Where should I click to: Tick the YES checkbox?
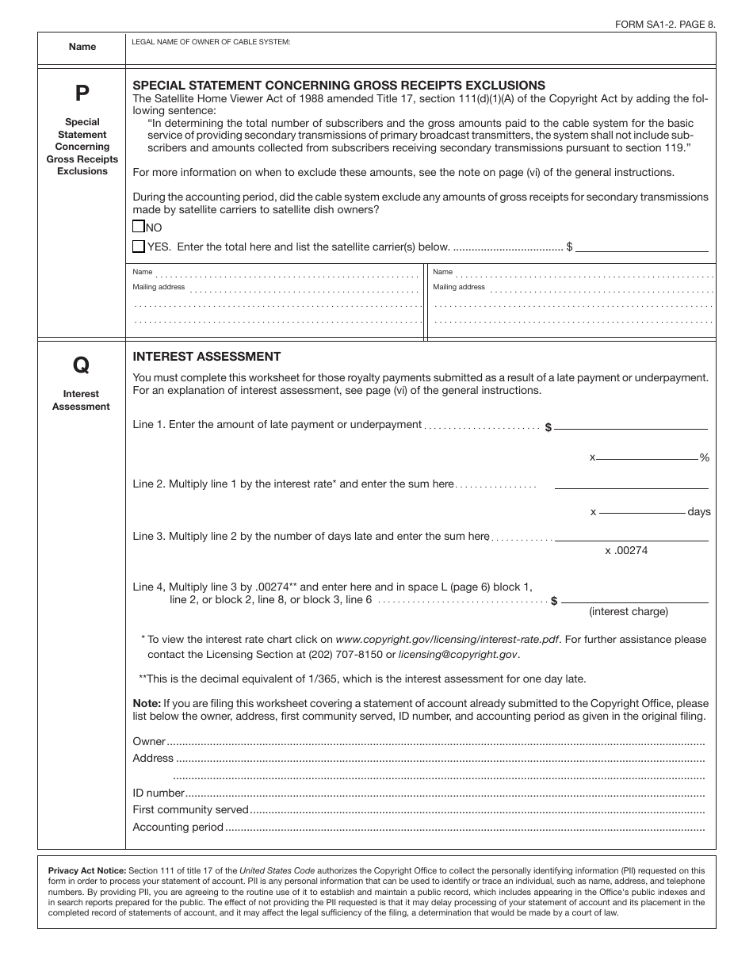[139, 247]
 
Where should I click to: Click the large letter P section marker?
[82, 94]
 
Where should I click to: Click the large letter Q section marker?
[82, 365]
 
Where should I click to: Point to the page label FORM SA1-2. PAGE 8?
[665, 25]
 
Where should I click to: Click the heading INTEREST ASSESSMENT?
[206, 357]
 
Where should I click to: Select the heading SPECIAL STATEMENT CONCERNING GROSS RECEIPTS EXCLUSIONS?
[338, 85]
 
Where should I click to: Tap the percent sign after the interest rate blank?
[704, 458]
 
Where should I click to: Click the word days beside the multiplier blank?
[699, 512]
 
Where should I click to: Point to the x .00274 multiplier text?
[626, 550]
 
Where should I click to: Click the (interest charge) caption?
[628, 611]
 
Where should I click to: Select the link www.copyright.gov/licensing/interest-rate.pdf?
[448, 639]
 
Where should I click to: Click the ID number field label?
[159, 793]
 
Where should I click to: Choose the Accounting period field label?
[178, 827]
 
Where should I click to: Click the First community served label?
[190, 809]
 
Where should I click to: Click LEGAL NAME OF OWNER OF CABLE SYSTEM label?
[211, 41]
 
